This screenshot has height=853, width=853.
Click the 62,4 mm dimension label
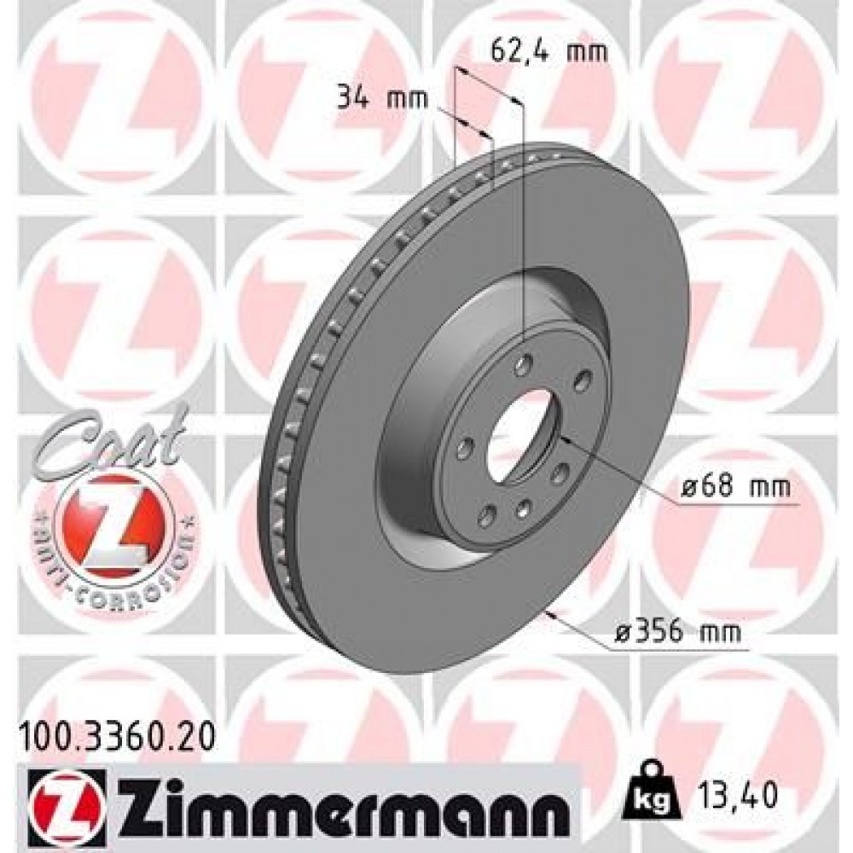[x=549, y=53]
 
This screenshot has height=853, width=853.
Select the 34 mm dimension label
[x=371, y=99]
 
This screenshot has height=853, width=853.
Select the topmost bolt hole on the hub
[x=522, y=364]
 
